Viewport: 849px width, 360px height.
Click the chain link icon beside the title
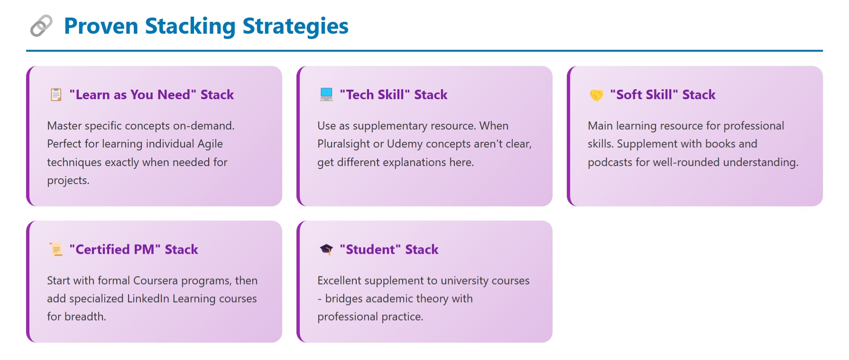41,26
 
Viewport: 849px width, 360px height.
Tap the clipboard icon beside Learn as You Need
56,95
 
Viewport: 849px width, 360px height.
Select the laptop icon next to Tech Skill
326,95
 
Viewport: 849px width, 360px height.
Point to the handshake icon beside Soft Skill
596,95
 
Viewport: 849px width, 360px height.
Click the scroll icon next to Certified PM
56,249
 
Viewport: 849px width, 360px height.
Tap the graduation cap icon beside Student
326,249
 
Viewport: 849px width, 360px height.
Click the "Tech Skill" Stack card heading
393,95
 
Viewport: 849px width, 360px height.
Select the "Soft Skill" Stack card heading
662,95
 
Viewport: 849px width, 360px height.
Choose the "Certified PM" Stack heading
133,249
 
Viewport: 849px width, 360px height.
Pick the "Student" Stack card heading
389,249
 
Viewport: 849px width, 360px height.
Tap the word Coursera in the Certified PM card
155,281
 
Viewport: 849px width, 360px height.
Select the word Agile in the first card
210,144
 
